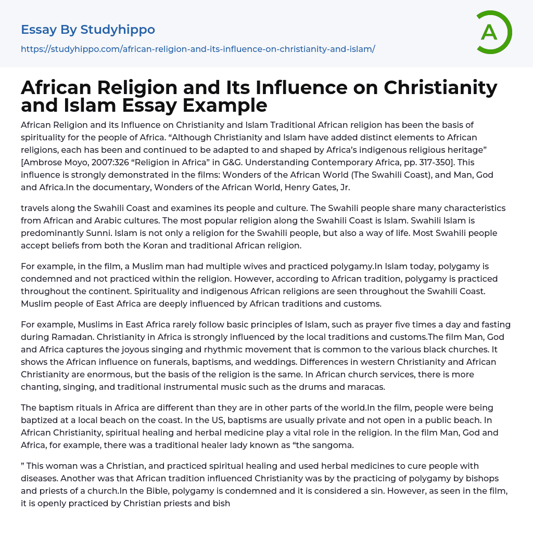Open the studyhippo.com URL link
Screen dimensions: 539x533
pyautogui.click(x=198, y=49)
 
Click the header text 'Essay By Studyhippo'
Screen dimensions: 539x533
pyautogui.click(x=88, y=30)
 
